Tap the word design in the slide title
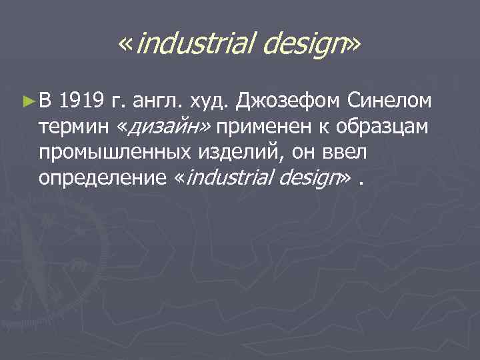tap(303, 45)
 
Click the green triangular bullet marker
tap(27, 102)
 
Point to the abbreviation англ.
tap(156, 102)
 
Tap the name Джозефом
tap(289, 102)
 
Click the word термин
tap(71, 127)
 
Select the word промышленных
tap(117, 153)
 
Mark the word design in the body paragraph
tap(310, 178)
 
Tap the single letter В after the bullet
tap(44, 102)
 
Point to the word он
tap(299, 153)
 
